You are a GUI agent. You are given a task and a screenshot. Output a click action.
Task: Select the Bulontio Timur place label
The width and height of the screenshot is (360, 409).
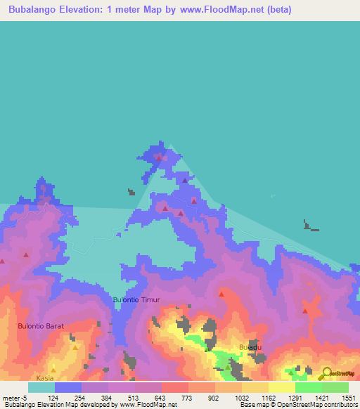point(136,300)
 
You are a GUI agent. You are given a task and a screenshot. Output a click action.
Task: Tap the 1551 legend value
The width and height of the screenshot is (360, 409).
point(347,398)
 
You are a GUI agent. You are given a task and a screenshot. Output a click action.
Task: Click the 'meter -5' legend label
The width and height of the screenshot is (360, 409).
point(13,398)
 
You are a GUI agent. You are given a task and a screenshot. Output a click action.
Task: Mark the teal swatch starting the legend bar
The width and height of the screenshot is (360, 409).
point(41,387)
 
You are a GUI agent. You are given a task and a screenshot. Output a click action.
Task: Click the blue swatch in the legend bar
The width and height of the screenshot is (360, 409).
point(68,387)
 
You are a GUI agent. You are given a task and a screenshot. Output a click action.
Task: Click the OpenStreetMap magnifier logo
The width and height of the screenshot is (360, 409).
point(326,375)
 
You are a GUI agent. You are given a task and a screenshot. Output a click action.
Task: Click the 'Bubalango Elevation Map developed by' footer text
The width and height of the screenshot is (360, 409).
point(53,405)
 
